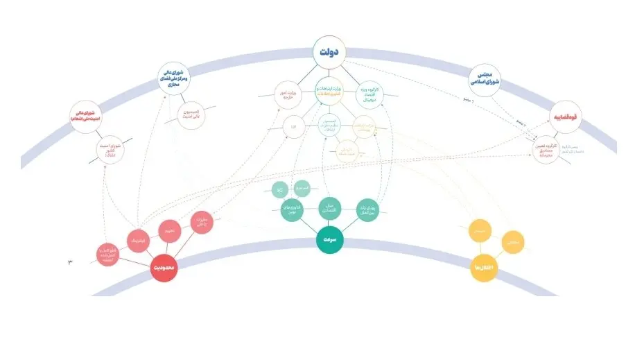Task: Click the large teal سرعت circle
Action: coord(331,240)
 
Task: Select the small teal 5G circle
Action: coord(280,189)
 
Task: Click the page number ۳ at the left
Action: coord(70,262)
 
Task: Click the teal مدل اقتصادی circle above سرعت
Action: coord(331,208)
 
